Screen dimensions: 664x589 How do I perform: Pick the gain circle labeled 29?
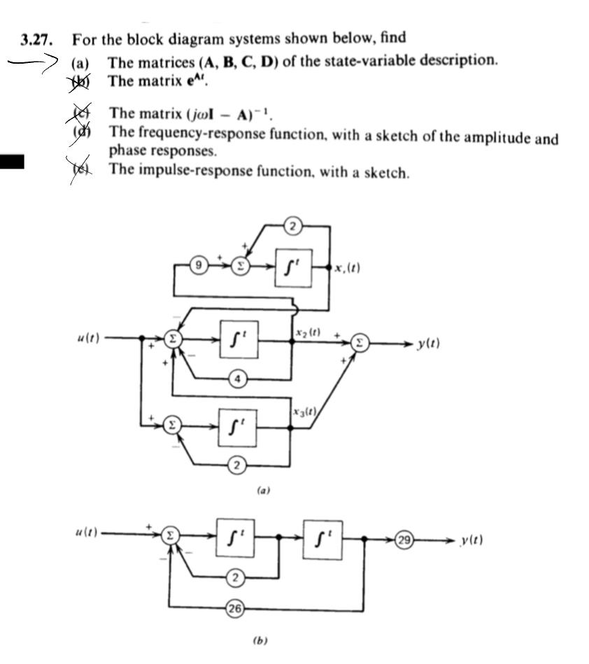click(x=404, y=540)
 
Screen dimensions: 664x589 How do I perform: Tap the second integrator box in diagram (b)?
click(x=322, y=539)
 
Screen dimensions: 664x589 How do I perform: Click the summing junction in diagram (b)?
click(x=169, y=536)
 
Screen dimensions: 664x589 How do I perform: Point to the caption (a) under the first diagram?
click(x=263, y=491)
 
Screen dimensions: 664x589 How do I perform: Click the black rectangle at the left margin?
click(x=12, y=162)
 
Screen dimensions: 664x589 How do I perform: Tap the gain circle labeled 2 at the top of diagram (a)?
click(x=293, y=225)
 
